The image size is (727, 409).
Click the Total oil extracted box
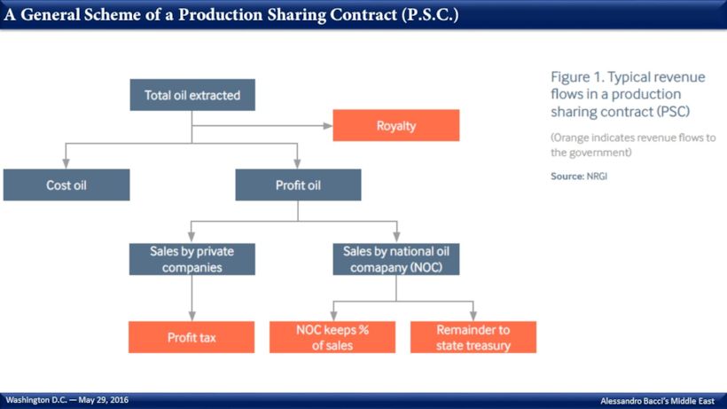click(x=192, y=95)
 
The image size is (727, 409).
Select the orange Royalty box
click(x=396, y=125)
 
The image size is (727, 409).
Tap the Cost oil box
click(x=66, y=185)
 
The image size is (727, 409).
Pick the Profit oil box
click(x=298, y=185)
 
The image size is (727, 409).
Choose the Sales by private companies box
click(x=192, y=259)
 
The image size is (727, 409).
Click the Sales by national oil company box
click(x=396, y=259)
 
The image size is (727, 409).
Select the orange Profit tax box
click(x=192, y=337)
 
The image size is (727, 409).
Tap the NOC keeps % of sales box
click(x=332, y=337)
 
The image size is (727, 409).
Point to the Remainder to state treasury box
click(x=473, y=337)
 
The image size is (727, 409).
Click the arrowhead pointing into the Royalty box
click(x=328, y=126)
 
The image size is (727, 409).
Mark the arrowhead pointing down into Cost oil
click(x=66, y=164)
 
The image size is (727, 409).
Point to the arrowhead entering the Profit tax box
click(x=192, y=316)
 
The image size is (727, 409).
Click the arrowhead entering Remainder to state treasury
click(x=473, y=316)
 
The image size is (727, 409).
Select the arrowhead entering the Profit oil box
click(x=297, y=164)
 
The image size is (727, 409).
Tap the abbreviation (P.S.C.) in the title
click(x=430, y=15)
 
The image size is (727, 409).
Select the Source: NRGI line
click(x=579, y=177)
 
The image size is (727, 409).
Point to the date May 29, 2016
click(x=104, y=400)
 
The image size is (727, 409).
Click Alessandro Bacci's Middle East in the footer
click(x=658, y=401)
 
